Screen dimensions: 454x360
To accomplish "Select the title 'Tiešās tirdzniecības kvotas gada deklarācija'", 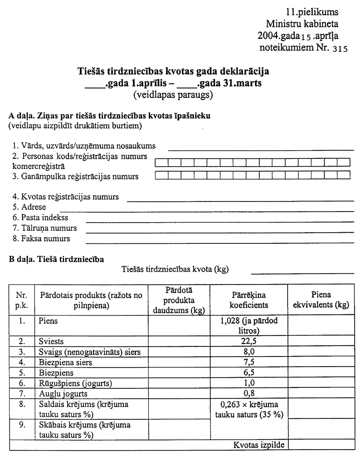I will click(173, 72).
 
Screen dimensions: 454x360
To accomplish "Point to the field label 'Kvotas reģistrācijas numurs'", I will click(66, 197).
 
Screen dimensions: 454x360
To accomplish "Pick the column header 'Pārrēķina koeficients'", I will click(249, 300).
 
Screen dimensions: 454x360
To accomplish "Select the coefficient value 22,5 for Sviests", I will click(249, 342).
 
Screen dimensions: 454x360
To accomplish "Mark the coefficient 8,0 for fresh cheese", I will click(249, 352).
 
